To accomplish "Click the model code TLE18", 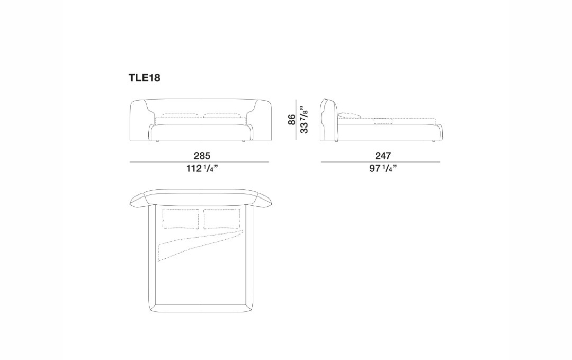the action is pyautogui.click(x=144, y=78).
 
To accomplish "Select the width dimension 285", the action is pyautogui.click(x=202, y=156).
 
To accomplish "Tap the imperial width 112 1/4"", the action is pyautogui.click(x=202, y=168).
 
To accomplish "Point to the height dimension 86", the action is pyautogui.click(x=292, y=120).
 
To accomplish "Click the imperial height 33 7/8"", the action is pyautogui.click(x=303, y=120).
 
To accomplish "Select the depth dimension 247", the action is pyautogui.click(x=383, y=156).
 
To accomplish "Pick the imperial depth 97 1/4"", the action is pyautogui.click(x=383, y=168).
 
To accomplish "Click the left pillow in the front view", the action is pyautogui.click(x=181, y=116).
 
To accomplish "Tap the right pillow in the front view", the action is pyautogui.click(x=222, y=116).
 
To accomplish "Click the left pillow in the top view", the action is pyautogui.click(x=181, y=219).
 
